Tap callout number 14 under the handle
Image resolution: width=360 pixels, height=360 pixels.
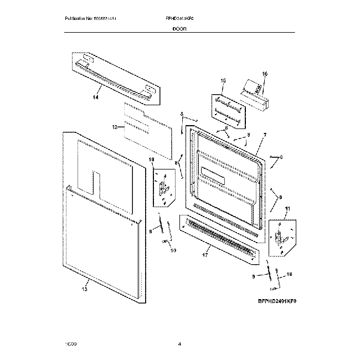(x=95, y=97)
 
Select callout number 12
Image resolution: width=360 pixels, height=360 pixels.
(x=115, y=127)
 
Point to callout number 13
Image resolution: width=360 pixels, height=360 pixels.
(x=85, y=289)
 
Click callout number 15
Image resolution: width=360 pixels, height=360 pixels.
(x=223, y=81)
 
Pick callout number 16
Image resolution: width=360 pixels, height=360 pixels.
(x=264, y=74)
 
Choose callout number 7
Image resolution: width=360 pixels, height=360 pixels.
(x=264, y=135)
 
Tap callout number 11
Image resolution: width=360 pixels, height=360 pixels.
(x=287, y=209)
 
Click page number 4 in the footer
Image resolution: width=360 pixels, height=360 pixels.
(x=180, y=344)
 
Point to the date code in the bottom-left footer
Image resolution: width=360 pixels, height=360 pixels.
(x=70, y=344)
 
